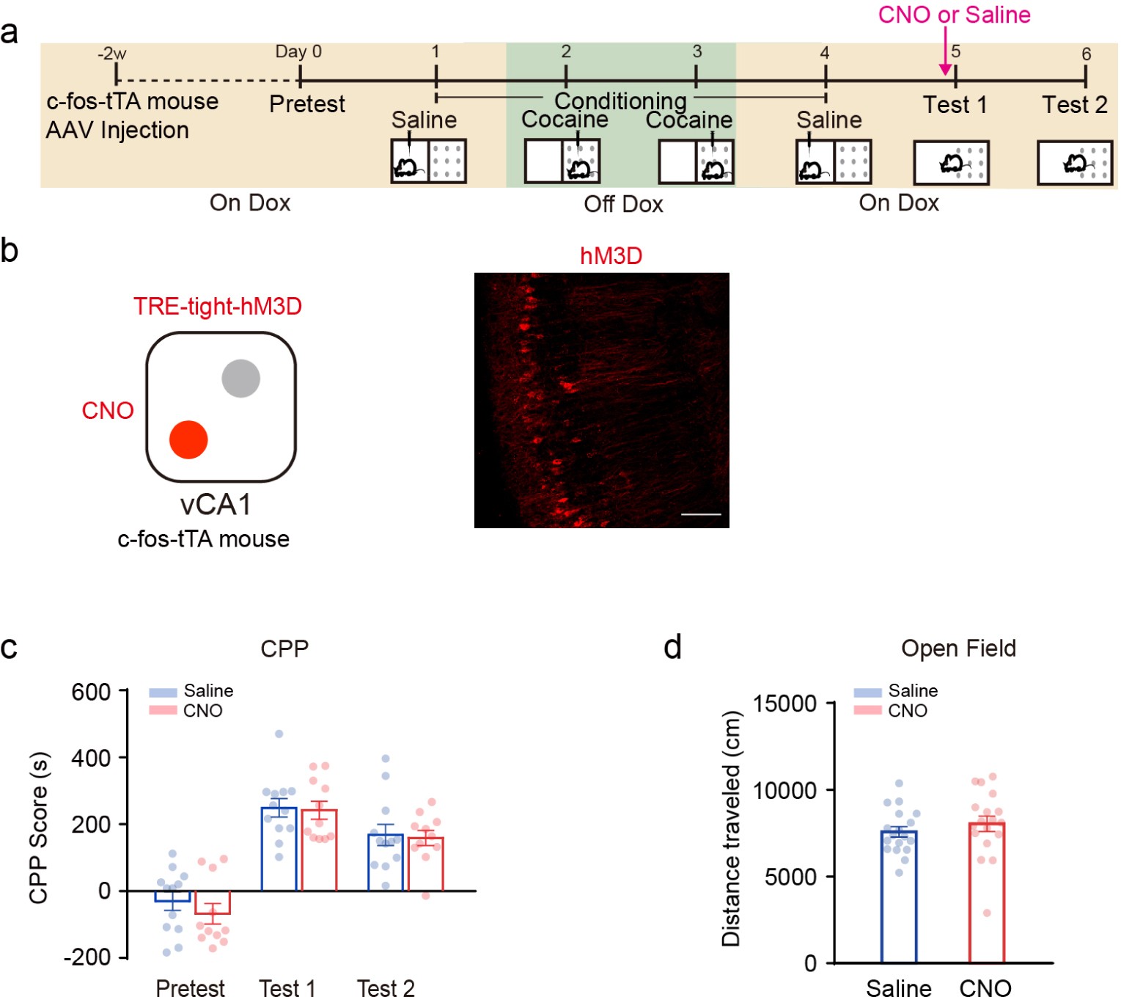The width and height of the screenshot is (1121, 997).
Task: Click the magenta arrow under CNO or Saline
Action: pos(945,51)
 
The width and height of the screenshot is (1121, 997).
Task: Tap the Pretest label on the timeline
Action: pos(306,104)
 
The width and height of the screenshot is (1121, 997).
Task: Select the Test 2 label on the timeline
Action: pos(1074,105)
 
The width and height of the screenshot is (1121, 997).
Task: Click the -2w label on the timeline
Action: pos(111,54)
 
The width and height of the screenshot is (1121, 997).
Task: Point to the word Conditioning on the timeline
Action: pos(620,100)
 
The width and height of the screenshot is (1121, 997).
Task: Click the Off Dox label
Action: pos(623,204)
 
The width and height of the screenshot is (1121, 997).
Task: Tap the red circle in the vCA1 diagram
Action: pos(188,439)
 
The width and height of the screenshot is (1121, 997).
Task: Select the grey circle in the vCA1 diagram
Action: pos(240,379)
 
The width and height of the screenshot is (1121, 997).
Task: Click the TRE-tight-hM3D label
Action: pos(218,306)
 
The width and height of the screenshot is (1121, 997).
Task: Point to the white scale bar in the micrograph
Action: pos(701,514)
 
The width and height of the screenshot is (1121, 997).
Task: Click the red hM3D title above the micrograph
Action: pos(611,256)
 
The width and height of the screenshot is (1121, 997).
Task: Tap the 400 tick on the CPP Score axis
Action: pos(91,758)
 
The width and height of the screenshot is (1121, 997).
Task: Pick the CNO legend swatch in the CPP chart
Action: pos(163,710)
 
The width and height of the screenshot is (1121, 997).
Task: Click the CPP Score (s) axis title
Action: pos(38,827)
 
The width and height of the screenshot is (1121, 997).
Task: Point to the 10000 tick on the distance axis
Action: pos(785,790)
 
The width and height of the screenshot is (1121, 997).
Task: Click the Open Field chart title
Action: pos(958,649)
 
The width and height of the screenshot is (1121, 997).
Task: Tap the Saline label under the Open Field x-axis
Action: pos(898,987)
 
